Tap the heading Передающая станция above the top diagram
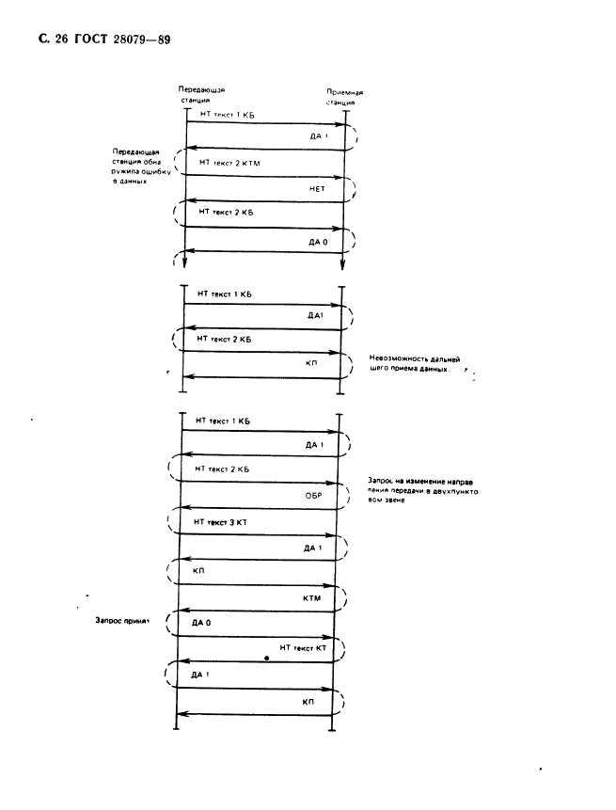click(199, 94)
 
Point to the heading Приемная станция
click(344, 97)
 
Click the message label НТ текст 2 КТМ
click(233, 163)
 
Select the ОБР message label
click(315, 492)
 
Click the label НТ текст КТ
click(302, 649)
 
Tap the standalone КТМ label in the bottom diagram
click(313, 597)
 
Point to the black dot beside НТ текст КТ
click(268, 659)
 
